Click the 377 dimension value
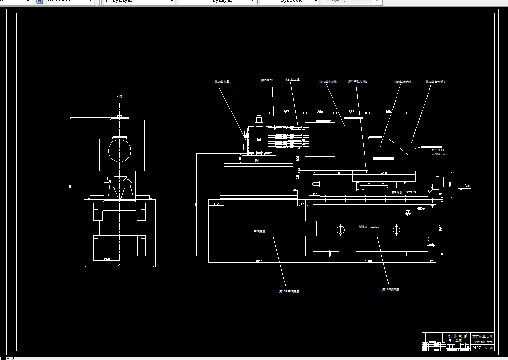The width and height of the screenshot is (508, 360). pos(286,112)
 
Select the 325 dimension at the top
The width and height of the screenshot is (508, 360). pos(351,112)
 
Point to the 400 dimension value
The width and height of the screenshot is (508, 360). pos(388,112)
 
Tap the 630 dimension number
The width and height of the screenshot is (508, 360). pos(384,173)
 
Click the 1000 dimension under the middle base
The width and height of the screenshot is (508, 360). pos(258,262)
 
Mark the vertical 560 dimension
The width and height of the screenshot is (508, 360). pos(441,228)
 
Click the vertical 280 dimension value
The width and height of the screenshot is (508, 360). pos(450,184)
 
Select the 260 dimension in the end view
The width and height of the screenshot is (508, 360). pos(107,259)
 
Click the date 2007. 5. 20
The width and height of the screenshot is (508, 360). pos(483,348)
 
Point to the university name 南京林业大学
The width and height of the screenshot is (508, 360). pos(482,336)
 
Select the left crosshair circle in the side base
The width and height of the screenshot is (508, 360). pos(341,229)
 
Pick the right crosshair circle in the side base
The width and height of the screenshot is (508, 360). pos(397,229)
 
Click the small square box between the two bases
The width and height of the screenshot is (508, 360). pos(309,228)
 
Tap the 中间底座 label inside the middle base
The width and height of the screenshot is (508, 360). pos(259,231)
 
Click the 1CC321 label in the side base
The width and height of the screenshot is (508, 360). pos(368,226)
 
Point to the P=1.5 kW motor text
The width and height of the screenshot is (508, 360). pos(438,150)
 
